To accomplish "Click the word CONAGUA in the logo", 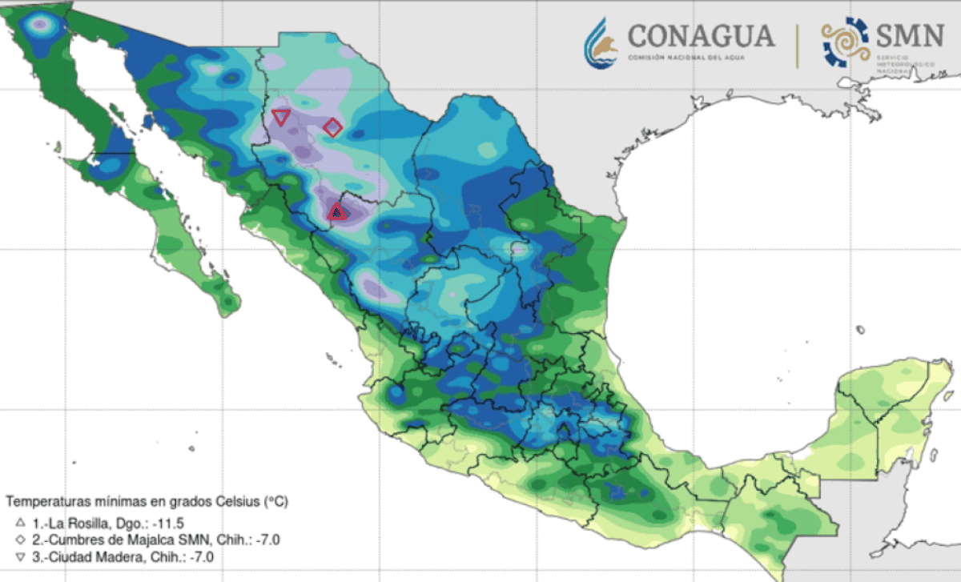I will point(701,36).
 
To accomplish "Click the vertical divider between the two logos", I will point(797,45).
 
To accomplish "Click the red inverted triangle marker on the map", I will point(280,117).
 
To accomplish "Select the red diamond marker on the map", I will point(332,127).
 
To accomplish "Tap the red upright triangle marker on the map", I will point(337,212).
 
